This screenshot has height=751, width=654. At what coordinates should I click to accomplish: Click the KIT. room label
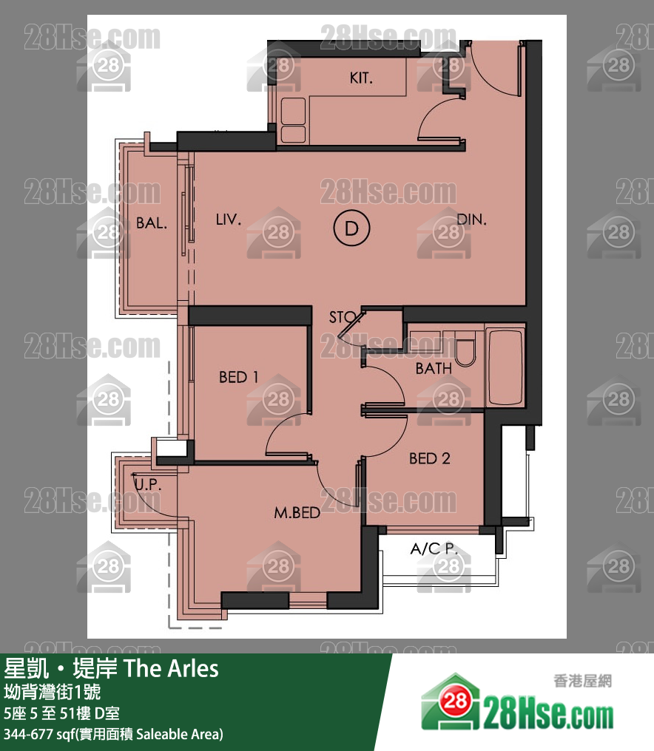(x=361, y=78)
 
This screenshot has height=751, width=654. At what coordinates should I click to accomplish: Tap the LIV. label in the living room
(x=228, y=220)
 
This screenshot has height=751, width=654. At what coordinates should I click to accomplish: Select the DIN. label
(x=471, y=220)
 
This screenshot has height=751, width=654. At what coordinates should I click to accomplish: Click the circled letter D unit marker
(x=352, y=228)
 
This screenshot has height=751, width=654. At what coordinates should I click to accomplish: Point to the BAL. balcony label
(x=152, y=222)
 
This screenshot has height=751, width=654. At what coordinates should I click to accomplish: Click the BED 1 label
(x=239, y=378)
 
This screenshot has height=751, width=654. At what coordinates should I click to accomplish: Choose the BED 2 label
(x=430, y=458)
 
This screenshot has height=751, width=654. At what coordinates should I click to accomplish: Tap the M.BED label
(x=297, y=513)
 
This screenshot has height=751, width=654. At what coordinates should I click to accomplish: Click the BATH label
(x=434, y=368)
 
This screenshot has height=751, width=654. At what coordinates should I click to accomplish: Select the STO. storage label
(x=343, y=317)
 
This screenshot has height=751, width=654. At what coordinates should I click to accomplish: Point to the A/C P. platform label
(x=434, y=548)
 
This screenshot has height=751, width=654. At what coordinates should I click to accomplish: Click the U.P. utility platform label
(x=148, y=484)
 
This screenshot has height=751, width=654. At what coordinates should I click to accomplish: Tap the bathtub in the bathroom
(x=505, y=367)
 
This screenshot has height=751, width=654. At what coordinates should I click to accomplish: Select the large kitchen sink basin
(x=293, y=111)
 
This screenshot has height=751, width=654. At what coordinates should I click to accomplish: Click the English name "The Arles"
(x=172, y=668)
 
